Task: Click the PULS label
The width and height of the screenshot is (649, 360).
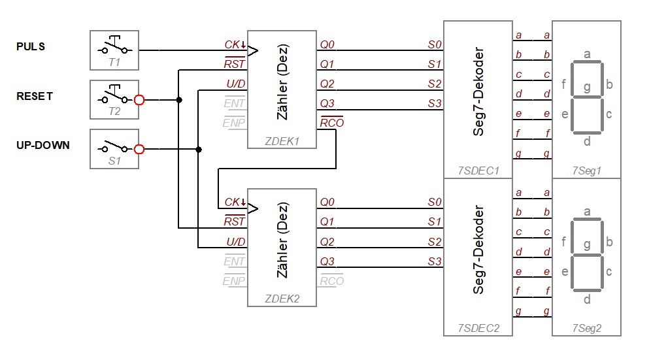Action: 31,46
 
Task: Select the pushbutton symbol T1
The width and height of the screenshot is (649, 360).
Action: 114,47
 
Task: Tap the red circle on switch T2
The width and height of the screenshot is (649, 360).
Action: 139,100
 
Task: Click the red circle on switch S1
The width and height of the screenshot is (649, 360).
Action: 139,149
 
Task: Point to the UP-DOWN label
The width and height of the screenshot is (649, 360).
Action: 43,145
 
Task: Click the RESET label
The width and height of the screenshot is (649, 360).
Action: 35,96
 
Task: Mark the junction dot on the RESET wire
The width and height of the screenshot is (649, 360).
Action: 179,100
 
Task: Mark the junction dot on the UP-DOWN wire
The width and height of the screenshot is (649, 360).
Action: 199,150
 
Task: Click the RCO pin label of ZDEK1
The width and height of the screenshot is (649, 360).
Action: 332,122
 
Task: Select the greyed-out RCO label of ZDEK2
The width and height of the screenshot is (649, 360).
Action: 332,281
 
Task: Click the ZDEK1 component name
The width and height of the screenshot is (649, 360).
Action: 282,141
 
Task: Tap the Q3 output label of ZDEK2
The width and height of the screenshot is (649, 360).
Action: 327,261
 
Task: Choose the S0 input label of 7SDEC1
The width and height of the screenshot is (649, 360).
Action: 435,44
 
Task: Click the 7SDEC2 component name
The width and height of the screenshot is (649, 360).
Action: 478,328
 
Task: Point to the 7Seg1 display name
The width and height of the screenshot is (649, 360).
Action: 586,171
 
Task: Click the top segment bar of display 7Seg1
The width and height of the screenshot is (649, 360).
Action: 586,62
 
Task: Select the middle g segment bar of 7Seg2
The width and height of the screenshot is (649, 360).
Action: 586,255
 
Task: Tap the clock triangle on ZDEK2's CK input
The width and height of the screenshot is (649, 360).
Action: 253,208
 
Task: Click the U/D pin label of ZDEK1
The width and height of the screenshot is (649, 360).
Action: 236,84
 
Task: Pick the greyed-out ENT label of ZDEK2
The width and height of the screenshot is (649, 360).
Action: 234,261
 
